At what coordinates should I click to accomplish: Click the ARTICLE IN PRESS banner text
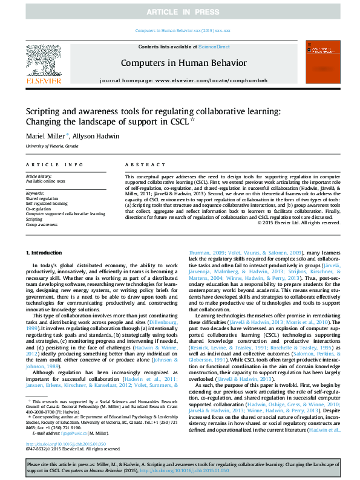180,12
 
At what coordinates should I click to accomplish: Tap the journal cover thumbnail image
319,62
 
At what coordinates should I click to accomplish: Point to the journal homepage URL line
183,80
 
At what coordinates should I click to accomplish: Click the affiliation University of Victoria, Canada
51,147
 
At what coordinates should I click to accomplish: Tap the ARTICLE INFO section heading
54,164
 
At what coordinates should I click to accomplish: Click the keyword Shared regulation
42,198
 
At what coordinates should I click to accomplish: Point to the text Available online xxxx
45,181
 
